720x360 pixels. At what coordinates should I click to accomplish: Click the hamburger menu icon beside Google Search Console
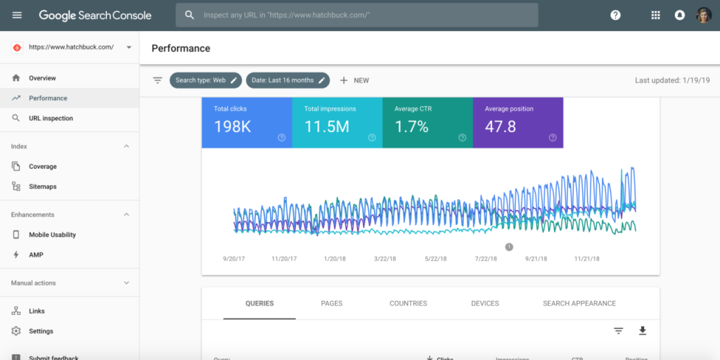[x=17, y=15]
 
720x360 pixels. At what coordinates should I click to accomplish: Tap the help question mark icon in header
[x=615, y=15]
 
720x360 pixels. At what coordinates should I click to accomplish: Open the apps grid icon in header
[x=655, y=15]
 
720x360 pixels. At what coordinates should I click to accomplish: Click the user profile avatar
[x=703, y=15]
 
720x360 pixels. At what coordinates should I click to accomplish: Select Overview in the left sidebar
[x=42, y=78]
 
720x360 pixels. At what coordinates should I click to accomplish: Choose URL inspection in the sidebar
[x=51, y=118]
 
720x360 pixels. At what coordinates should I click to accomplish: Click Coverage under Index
[x=42, y=167]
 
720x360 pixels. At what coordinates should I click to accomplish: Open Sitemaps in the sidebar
[x=42, y=186]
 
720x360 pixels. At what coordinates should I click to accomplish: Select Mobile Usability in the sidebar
[x=52, y=235]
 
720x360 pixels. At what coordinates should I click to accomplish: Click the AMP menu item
[x=36, y=255]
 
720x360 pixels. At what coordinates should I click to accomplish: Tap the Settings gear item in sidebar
[x=41, y=331]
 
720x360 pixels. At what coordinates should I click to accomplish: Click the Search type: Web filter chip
[x=205, y=80]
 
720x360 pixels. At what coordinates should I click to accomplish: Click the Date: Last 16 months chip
[x=288, y=80]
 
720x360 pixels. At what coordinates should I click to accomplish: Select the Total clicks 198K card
[x=247, y=122]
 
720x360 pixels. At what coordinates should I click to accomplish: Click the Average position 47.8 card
[x=517, y=122]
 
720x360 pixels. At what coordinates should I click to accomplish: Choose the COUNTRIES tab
[x=408, y=304]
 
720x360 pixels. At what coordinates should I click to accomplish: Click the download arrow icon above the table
[x=642, y=330]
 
